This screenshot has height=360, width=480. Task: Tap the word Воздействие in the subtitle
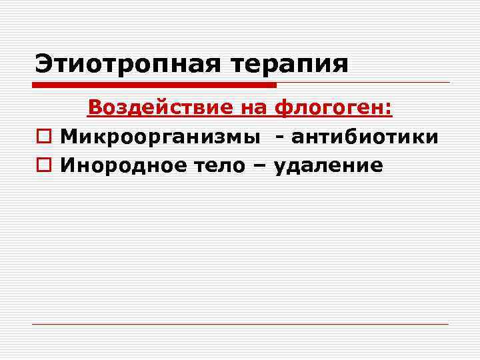coord(160,107)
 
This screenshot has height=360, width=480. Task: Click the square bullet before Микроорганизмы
coord(43,137)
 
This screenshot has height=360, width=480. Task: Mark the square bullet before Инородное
coord(43,165)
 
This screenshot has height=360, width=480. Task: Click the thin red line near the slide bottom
coord(240,324)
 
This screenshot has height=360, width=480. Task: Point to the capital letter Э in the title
coord(43,65)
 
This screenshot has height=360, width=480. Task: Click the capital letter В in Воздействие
coord(95,107)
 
